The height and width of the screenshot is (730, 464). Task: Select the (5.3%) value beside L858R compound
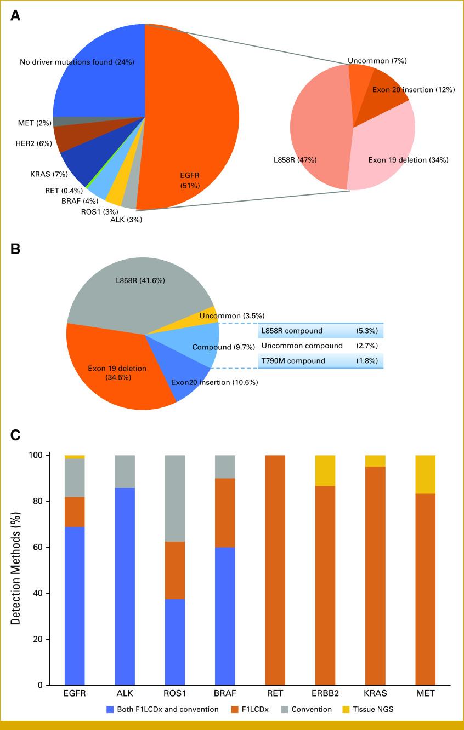pos(367,331)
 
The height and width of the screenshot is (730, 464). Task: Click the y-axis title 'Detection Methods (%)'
pos(17,570)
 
